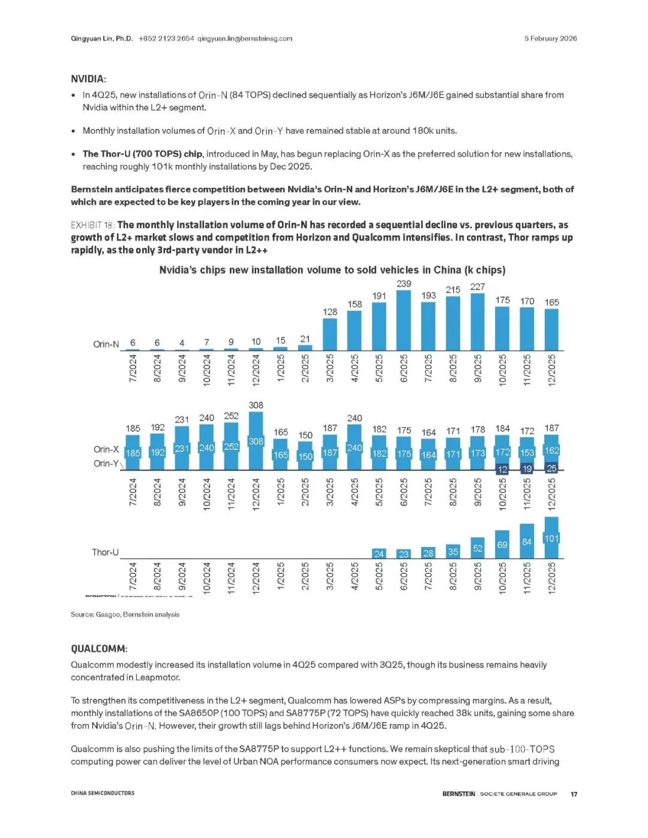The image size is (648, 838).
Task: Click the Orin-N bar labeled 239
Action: pyautogui.click(x=404, y=320)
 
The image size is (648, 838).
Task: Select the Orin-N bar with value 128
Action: pyautogui.click(x=330, y=334)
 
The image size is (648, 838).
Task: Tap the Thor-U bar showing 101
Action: pyautogui.click(x=551, y=537)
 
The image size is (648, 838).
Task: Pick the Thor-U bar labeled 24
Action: pyautogui.click(x=379, y=554)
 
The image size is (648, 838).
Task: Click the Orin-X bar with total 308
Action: pyautogui.click(x=256, y=440)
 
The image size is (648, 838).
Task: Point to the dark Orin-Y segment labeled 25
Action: pyautogui.click(x=551, y=468)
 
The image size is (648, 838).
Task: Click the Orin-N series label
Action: pyautogui.click(x=106, y=344)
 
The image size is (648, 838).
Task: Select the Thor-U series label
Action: pyautogui.click(x=105, y=552)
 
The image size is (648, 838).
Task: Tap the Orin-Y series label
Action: pyautogui.click(x=106, y=463)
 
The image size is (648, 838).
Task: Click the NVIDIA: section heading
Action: pyautogui.click(x=88, y=79)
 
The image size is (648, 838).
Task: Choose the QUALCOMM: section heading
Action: pyautogui.click(x=99, y=648)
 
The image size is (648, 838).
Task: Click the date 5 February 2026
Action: pyautogui.click(x=550, y=38)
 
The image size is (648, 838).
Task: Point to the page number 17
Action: pyautogui.click(x=574, y=794)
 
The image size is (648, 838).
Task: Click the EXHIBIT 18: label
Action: pyautogui.click(x=92, y=225)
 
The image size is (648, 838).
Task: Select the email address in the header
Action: pyautogui.click(x=245, y=38)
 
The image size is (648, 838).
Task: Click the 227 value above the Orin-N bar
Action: pyautogui.click(x=478, y=287)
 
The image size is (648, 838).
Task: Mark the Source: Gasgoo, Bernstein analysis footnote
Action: pyautogui.click(x=125, y=614)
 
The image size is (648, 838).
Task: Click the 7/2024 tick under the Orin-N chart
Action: pyautogui.click(x=133, y=368)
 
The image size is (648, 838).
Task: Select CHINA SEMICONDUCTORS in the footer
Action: pyautogui.click(x=103, y=793)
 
